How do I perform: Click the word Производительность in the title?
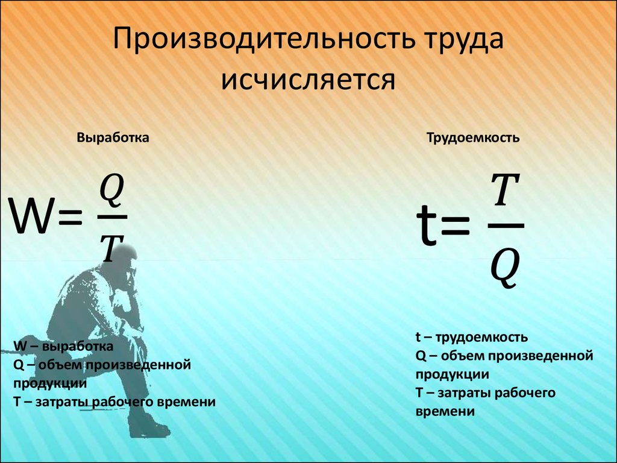click(264, 39)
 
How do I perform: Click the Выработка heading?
click(113, 138)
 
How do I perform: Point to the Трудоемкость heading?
click(473, 138)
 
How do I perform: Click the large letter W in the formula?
click(33, 216)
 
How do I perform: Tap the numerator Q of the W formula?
click(111, 191)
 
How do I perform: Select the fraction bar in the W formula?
click(112, 217)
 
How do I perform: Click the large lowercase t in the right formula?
click(427, 225)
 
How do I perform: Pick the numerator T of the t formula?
click(506, 190)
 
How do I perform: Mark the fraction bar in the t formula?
click(506, 225)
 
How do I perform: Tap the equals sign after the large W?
click(70, 218)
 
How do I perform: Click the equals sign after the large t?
click(456, 227)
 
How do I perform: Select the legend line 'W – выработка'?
click(63, 347)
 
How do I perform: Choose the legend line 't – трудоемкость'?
click(471, 338)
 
